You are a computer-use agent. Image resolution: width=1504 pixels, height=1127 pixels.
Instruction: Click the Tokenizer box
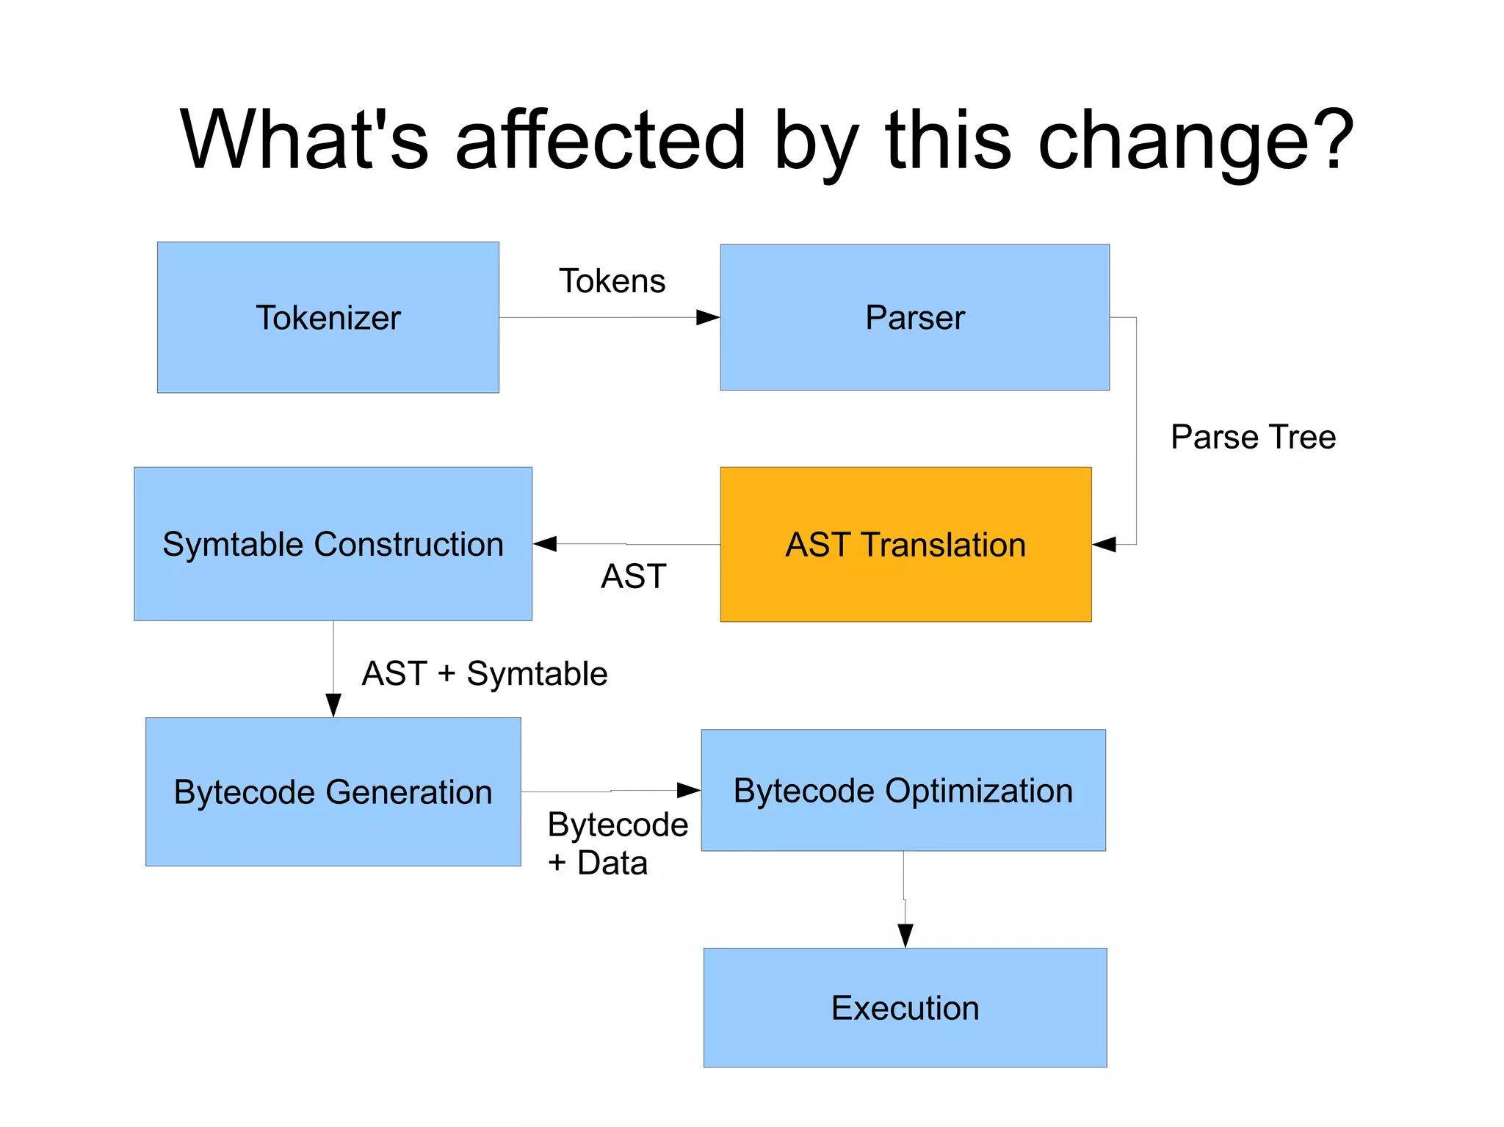(328, 317)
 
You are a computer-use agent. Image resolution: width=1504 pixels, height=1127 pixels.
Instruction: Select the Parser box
(914, 317)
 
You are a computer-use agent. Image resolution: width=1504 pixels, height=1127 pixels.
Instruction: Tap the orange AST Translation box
(905, 544)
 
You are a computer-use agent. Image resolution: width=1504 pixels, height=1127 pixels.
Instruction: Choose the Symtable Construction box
(333, 544)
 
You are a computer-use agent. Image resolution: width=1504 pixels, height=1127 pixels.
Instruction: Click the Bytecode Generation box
(333, 791)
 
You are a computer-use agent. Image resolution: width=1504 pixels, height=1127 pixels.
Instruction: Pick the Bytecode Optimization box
(903, 790)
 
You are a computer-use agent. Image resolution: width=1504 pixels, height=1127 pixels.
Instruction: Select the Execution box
(905, 1007)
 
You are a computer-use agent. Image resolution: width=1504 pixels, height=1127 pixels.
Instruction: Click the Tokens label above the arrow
(612, 281)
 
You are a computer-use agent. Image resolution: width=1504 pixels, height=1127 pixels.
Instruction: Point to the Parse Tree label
(1253, 437)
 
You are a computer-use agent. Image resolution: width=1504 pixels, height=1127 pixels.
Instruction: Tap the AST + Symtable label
(485, 673)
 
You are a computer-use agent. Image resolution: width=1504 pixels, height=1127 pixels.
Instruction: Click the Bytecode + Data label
(617, 844)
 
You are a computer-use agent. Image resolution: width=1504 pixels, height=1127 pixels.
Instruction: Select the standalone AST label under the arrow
(633, 576)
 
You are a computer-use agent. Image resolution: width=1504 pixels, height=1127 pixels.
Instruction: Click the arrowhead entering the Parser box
(708, 317)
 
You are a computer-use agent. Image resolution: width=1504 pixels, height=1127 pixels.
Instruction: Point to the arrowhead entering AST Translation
(1104, 544)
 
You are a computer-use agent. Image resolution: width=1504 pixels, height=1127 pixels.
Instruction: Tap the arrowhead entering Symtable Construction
(545, 544)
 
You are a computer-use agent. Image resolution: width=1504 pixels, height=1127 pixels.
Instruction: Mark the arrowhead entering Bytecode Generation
(333, 705)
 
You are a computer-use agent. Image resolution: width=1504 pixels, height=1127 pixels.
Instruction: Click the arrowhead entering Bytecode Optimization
(689, 790)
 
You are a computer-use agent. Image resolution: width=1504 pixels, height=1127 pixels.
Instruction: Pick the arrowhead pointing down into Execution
(905, 935)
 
